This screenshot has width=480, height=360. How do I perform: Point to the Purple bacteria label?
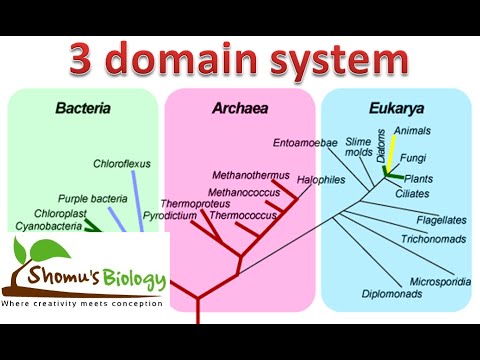92,198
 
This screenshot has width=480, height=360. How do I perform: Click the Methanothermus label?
244,172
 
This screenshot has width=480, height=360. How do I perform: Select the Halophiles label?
321,180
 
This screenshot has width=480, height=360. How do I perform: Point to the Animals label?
413,131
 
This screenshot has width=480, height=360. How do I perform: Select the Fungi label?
413,157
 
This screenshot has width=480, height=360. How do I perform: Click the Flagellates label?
439,219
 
